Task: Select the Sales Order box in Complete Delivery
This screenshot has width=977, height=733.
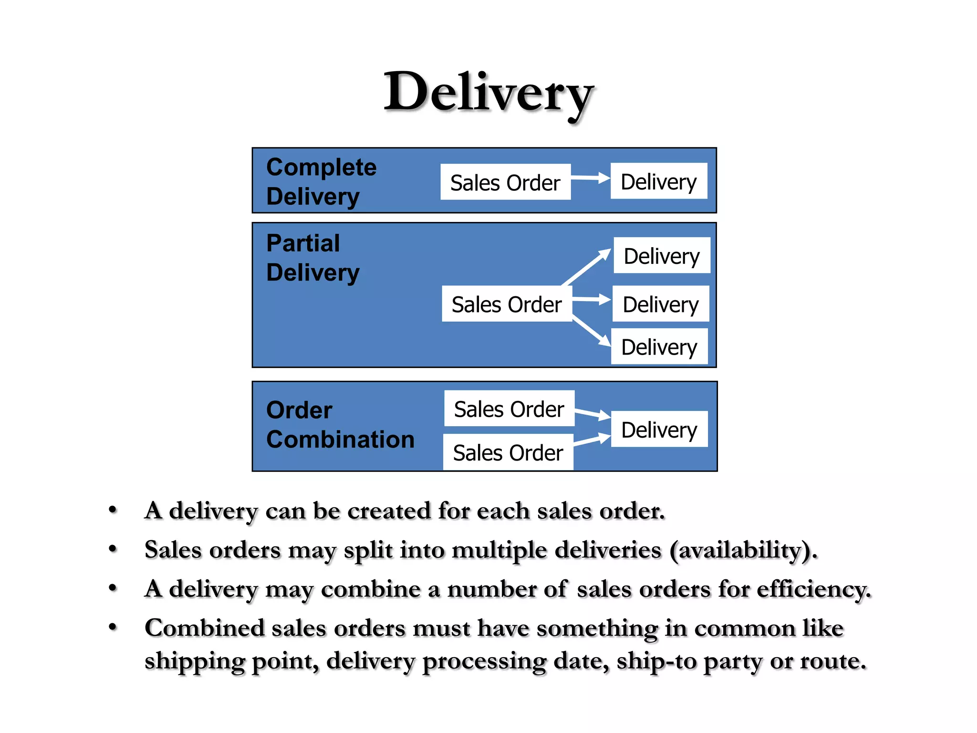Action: click(505, 182)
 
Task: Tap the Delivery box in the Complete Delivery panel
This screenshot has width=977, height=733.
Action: click(659, 181)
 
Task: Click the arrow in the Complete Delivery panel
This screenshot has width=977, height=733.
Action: click(591, 178)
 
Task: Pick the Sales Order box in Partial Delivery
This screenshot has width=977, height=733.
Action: click(507, 304)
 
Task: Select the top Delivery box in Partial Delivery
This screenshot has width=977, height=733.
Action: click(662, 255)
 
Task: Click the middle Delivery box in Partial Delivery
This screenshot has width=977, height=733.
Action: click(661, 304)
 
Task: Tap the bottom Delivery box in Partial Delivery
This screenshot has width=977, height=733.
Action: click(659, 346)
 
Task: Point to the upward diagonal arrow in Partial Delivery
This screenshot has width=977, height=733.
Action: click(587, 267)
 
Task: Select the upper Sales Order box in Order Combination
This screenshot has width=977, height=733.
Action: click(509, 408)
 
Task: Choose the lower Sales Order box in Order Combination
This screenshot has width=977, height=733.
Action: click(508, 452)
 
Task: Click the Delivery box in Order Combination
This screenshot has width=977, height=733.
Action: click(659, 429)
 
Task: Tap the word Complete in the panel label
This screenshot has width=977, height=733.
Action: click(322, 168)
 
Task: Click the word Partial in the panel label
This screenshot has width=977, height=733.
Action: click(303, 243)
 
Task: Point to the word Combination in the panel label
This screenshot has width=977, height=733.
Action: click(340, 439)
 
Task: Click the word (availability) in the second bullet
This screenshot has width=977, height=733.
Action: click(743, 550)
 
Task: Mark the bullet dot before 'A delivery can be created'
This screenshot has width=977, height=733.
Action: click(113, 510)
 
